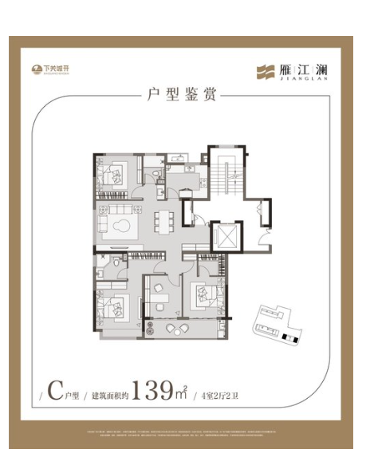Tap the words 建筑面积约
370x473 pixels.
click(x=109, y=393)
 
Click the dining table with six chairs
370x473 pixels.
click(x=163, y=219)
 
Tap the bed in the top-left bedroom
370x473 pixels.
click(x=112, y=174)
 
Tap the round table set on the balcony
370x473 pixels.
click(x=169, y=329)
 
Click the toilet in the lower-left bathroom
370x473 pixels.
click(x=117, y=263)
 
